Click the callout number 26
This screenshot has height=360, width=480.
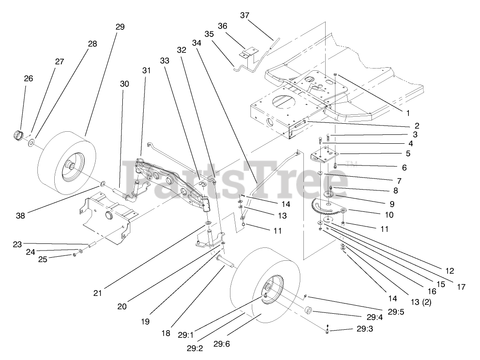(x=28, y=78)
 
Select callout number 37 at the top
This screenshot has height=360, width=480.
(x=244, y=15)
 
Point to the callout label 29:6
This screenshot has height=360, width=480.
(x=221, y=343)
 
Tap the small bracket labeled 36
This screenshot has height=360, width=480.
(x=246, y=54)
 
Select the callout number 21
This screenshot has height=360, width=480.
(x=98, y=293)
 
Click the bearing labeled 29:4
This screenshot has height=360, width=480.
(x=308, y=310)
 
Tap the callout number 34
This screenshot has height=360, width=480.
(x=197, y=43)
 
